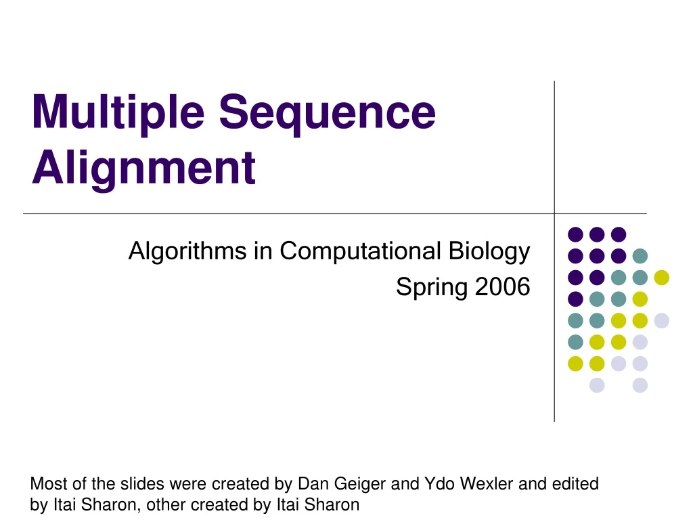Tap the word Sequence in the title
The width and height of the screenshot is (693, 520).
[327, 114]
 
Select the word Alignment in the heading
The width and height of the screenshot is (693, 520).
[143, 167]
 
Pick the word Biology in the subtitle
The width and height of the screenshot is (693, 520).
[489, 252]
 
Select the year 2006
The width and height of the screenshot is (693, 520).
[502, 287]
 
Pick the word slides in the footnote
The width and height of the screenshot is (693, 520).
[142, 483]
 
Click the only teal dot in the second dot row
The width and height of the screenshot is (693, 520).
[640, 256]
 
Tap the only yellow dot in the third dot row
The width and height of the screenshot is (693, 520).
[661, 278]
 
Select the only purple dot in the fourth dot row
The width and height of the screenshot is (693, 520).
[575, 299]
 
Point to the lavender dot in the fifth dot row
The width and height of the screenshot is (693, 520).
[661, 321]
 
